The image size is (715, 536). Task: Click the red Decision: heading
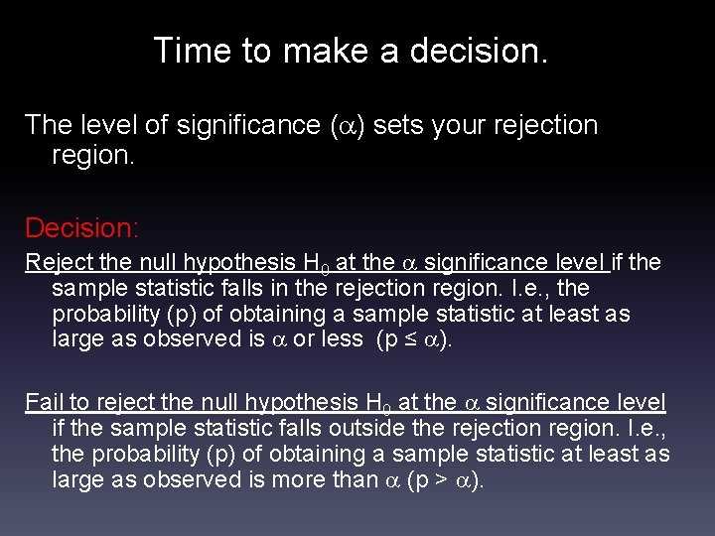click(x=82, y=228)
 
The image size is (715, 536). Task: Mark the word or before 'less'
click(x=304, y=339)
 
